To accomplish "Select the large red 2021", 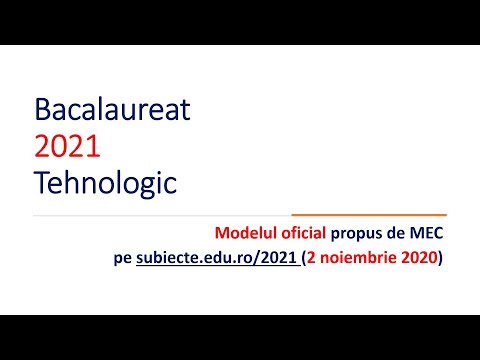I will click(x=67, y=146).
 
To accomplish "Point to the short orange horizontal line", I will click(x=368, y=215).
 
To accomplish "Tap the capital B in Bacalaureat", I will click(x=41, y=108).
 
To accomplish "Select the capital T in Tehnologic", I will click(x=40, y=184).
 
